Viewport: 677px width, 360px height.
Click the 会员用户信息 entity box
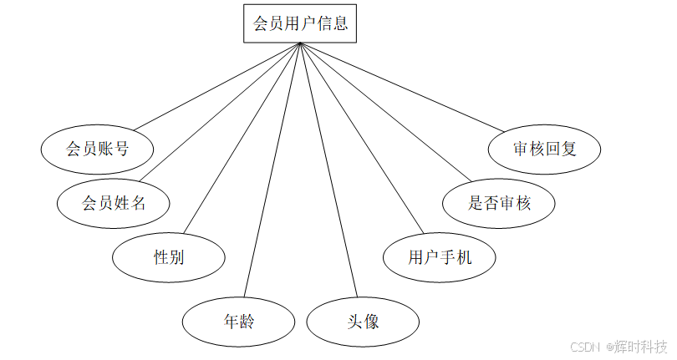[299, 23]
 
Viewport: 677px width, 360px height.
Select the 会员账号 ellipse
[98, 150]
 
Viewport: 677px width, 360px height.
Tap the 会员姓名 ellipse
[114, 203]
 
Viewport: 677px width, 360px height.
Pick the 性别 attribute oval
[169, 257]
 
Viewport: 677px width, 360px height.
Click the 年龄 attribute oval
[239, 321]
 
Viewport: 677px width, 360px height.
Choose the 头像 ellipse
[364, 321]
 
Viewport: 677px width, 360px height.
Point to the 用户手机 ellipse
[440, 257]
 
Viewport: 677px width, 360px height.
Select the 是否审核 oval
[500, 203]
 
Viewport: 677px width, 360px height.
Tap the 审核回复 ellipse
[545, 150]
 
